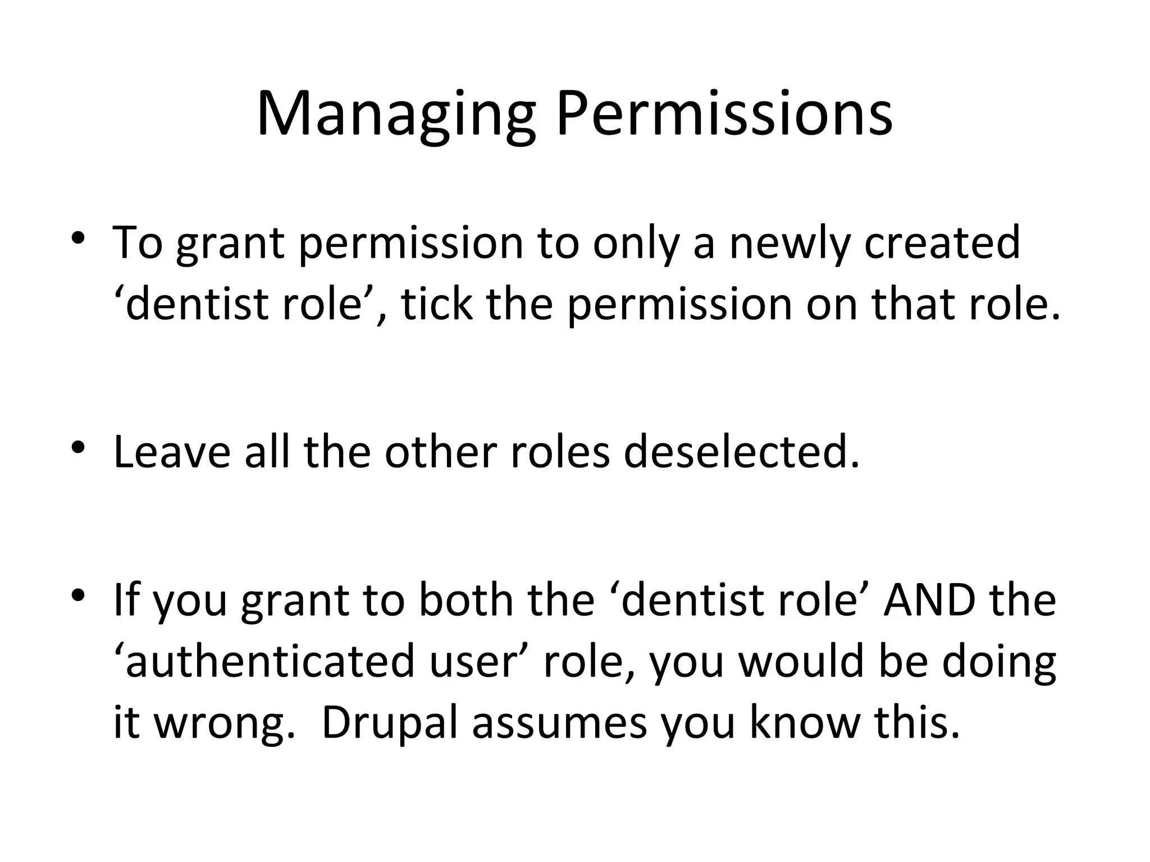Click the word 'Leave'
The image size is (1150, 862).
click(171, 452)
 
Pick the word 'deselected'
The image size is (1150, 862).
click(741, 452)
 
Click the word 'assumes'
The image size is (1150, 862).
click(559, 724)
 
